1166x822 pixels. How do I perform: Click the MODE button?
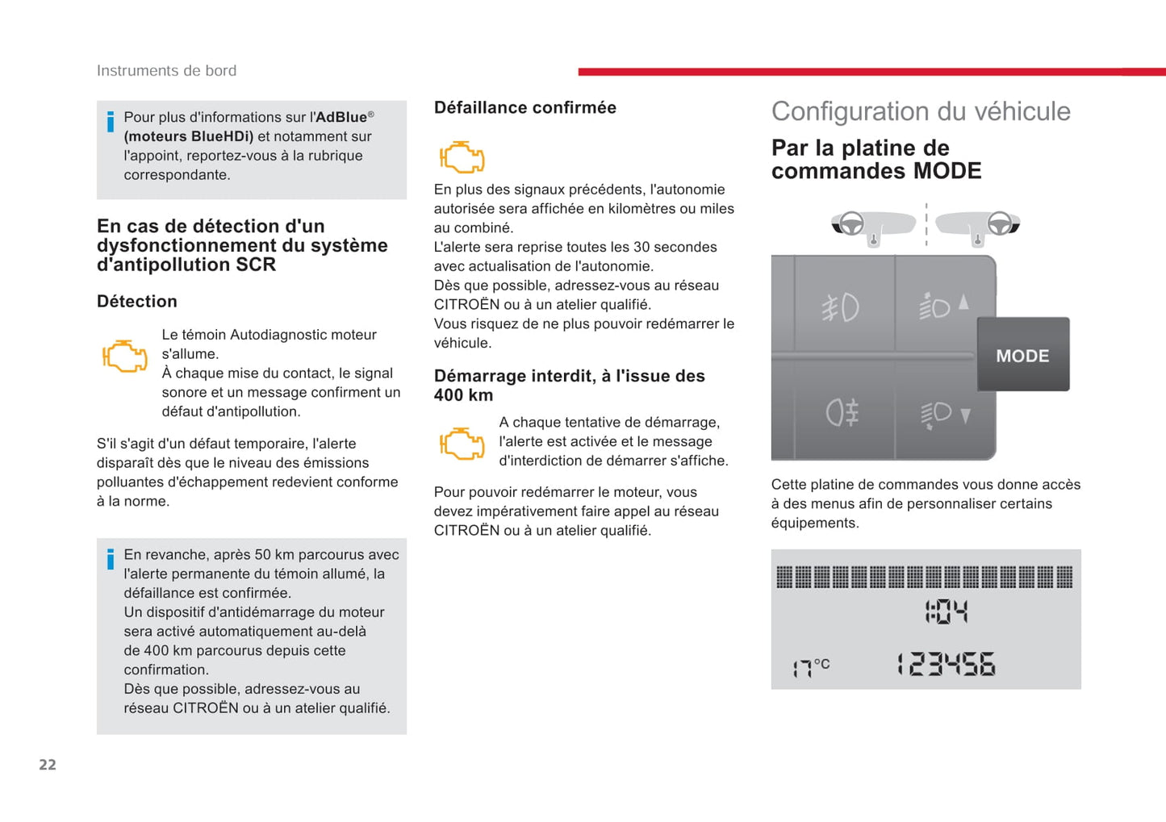[1022, 355]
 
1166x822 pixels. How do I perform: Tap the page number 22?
[48, 765]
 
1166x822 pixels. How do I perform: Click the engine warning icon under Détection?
[124, 356]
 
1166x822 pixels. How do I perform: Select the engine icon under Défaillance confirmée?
[462, 156]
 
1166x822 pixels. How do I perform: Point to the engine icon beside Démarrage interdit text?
[462, 443]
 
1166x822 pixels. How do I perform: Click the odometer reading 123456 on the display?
[947, 665]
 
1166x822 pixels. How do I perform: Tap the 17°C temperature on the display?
[810, 666]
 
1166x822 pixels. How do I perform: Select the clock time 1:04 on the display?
[946, 611]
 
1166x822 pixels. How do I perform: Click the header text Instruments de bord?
[166, 71]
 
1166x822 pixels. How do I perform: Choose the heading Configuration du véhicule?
[921, 111]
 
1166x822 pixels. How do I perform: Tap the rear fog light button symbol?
[842, 413]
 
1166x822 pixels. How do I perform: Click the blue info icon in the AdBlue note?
[111, 123]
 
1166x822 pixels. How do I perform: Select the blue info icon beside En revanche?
[111, 559]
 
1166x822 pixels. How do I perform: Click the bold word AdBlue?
[341, 117]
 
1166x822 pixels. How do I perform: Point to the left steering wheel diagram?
[850, 223]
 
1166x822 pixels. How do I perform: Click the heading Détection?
[137, 302]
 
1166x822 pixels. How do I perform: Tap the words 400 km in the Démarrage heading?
[463, 395]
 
